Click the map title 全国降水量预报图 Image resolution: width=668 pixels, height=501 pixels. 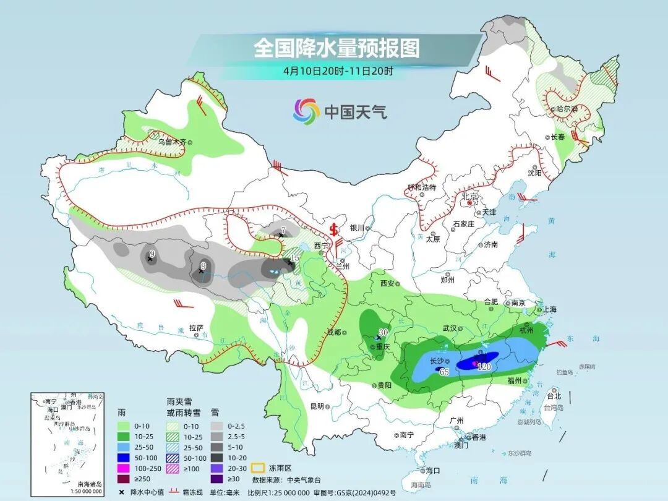pyautogui.click(x=336, y=48)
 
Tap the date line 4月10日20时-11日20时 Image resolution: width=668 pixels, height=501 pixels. pyautogui.click(x=338, y=71)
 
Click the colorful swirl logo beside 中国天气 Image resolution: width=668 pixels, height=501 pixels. pyautogui.click(x=306, y=111)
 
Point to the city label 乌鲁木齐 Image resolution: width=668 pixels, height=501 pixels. pyautogui.click(x=171, y=142)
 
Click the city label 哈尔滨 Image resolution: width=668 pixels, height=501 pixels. pyautogui.click(x=566, y=109)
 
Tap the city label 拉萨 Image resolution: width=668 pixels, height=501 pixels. pyautogui.click(x=196, y=328)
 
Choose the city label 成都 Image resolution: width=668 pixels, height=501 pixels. pyautogui.click(x=333, y=332)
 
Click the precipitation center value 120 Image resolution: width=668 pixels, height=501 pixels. pyautogui.click(x=484, y=367)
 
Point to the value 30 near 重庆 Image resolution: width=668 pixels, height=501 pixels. pyautogui.click(x=383, y=332)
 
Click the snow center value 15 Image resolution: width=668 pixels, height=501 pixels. pyautogui.click(x=295, y=258)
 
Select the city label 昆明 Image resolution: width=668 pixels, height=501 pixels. pyautogui.click(x=317, y=406)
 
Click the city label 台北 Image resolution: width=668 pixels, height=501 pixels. pyautogui.click(x=554, y=396)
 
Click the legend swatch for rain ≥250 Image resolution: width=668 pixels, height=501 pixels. pyautogui.click(x=126, y=479)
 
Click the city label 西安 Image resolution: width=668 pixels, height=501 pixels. pyautogui.click(x=387, y=283)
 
